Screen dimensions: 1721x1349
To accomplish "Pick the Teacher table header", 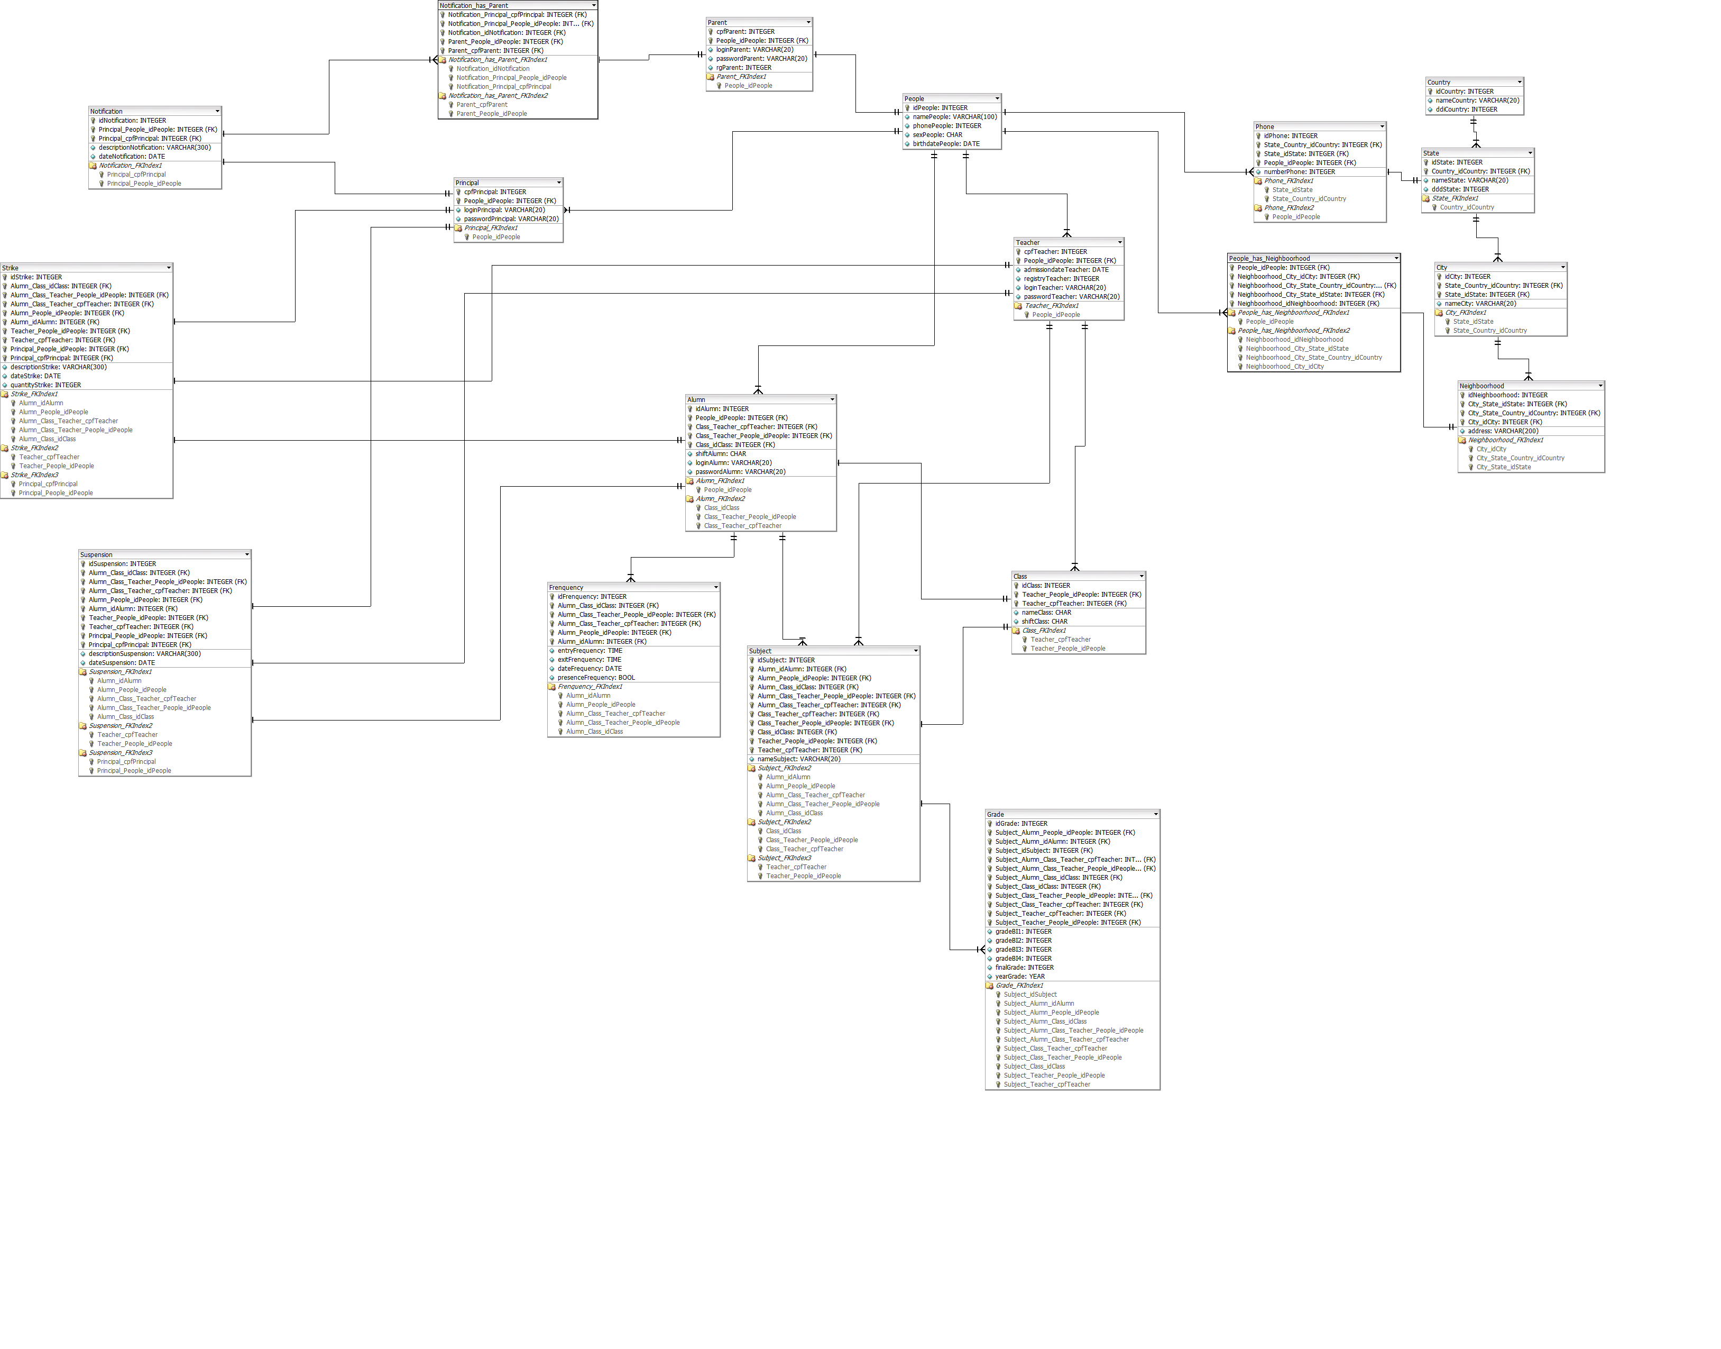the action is (x=1027, y=242).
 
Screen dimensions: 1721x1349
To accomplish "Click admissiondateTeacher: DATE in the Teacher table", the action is (x=1066, y=269).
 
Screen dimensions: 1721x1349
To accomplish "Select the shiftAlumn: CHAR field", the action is (x=720, y=454).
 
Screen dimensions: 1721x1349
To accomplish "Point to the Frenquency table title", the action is (x=566, y=588).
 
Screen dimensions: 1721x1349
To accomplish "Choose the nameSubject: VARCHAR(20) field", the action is (x=799, y=759).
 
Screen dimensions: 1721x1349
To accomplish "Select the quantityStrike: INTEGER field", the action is (x=46, y=386).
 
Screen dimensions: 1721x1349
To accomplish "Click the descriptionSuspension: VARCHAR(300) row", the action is (x=144, y=654).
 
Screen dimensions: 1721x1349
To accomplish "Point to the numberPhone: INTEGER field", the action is (x=1300, y=171).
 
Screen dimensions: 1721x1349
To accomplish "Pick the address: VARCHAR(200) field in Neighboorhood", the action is (x=1503, y=431).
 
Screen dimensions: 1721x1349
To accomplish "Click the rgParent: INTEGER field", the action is (x=744, y=68).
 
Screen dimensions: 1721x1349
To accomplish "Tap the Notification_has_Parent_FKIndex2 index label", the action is (x=498, y=96).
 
